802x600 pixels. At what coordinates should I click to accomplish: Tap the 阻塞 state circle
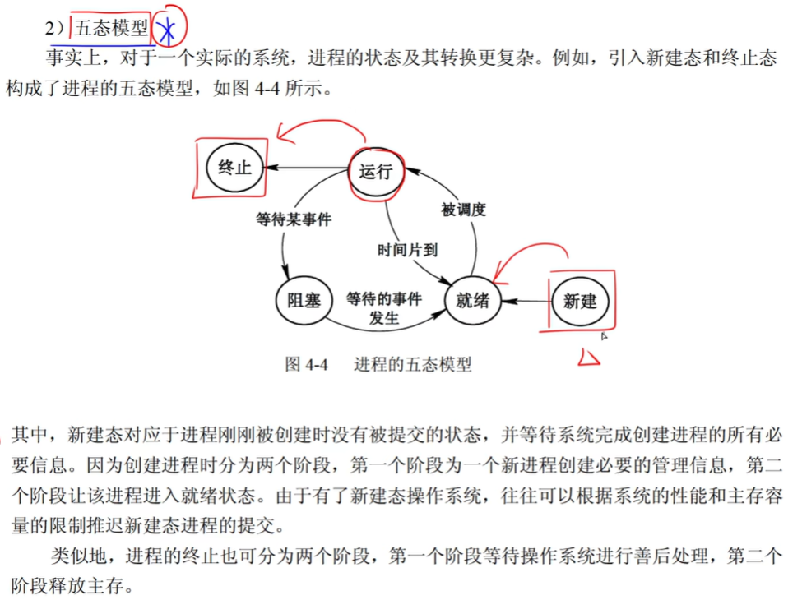tap(304, 299)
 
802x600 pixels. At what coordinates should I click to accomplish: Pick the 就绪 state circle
tap(472, 300)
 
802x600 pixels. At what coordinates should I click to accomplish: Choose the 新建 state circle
tap(580, 301)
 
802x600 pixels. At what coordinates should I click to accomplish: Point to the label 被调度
tap(463, 210)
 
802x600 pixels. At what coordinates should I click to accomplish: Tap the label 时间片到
tap(407, 251)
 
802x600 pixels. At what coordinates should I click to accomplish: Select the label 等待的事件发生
tap(384, 307)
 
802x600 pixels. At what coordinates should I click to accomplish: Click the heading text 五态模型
tap(112, 30)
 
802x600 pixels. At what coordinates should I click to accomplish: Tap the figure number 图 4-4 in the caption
tap(306, 364)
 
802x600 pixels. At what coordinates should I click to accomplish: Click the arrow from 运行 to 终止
tap(308, 168)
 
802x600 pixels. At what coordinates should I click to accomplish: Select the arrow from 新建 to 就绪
tap(525, 301)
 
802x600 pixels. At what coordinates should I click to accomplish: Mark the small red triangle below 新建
tap(589, 357)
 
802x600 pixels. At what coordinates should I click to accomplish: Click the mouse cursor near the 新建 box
tap(604, 335)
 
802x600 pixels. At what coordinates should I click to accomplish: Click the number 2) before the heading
tap(55, 30)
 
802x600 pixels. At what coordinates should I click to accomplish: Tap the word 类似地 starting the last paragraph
tap(78, 556)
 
